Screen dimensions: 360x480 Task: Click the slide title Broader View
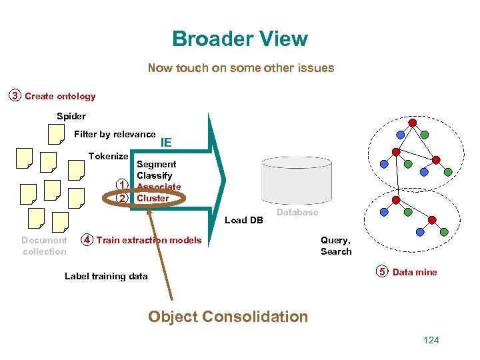[240, 39]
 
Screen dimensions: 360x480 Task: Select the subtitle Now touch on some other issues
[241, 68]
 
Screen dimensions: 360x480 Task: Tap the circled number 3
[15, 96]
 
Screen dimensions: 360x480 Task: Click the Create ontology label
[60, 96]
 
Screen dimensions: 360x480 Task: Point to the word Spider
[71, 116]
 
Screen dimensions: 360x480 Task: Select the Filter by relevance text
[115, 134]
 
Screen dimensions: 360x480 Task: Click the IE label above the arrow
[166, 142]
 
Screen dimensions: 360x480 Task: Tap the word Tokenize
[108, 156]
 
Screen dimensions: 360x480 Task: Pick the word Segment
[156, 164]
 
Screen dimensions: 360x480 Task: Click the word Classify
[154, 175]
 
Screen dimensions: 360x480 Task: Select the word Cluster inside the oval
[153, 198]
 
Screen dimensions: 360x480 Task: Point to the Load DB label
[245, 220]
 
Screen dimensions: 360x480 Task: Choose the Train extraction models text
[149, 240]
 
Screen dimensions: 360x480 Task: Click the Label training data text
[106, 276]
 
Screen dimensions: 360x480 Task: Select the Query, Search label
[335, 245]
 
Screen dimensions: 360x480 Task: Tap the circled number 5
[382, 272]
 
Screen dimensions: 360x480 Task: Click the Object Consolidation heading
[228, 317]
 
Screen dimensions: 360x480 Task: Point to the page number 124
[431, 341]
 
